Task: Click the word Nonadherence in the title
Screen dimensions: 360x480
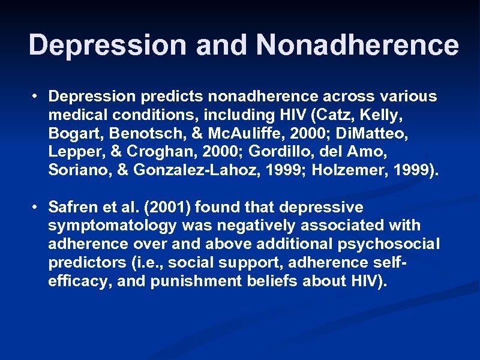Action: (358, 45)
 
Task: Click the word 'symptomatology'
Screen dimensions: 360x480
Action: (112, 226)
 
